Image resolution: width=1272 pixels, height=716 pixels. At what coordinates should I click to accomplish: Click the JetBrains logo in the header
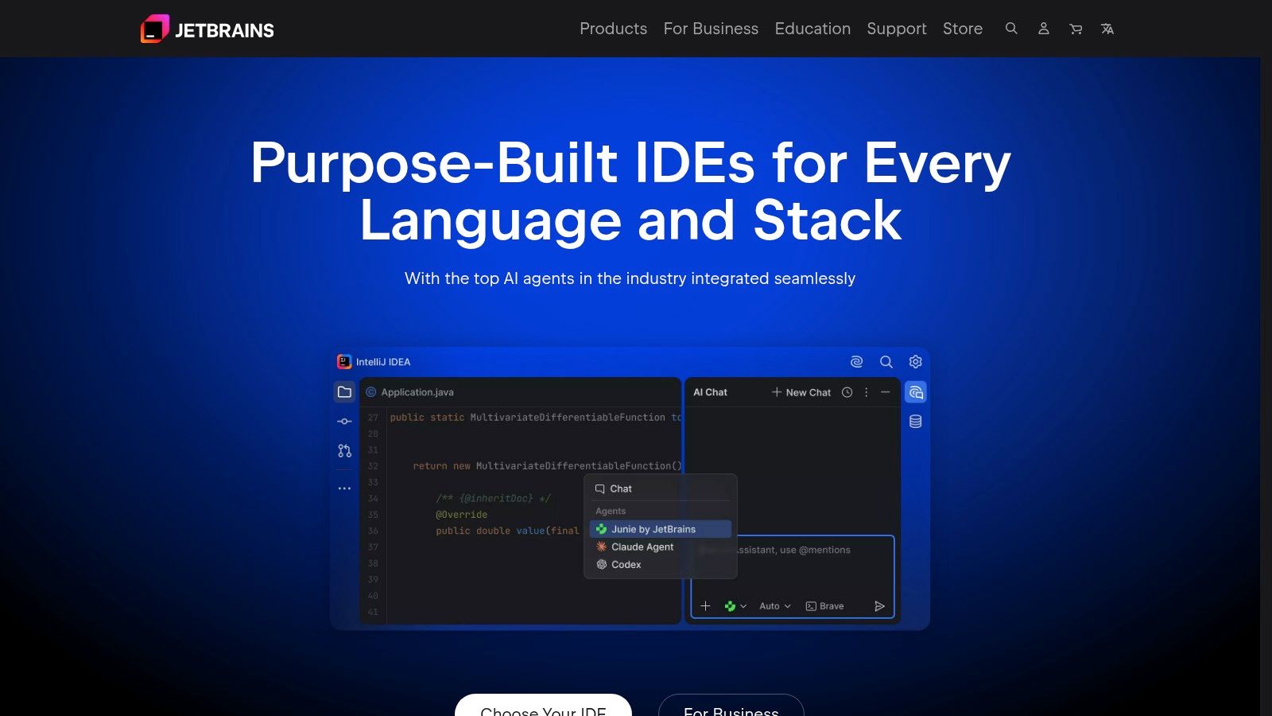207,29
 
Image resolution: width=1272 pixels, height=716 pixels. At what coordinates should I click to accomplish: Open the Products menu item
613,29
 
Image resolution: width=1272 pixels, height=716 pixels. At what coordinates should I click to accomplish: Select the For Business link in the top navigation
711,29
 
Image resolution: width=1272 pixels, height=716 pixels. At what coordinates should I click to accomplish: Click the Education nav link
812,29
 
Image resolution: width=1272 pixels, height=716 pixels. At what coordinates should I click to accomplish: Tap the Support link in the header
896,29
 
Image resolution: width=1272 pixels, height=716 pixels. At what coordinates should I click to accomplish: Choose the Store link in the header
962,29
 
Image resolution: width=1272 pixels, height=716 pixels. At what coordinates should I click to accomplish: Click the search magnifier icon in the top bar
1011,29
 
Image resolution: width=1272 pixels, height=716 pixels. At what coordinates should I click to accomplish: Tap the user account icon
1044,29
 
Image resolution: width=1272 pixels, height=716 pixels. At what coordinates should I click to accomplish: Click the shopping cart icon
1076,29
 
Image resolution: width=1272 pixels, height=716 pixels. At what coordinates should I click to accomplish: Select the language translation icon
1107,29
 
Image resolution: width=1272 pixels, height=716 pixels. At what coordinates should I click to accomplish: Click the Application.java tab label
417,392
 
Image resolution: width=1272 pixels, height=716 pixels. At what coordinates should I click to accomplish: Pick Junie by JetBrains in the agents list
653,529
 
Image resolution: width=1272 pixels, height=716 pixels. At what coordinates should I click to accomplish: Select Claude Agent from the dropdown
642,547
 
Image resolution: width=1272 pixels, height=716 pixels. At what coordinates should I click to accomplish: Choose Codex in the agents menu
626,564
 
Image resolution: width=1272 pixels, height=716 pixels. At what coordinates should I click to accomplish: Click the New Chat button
801,392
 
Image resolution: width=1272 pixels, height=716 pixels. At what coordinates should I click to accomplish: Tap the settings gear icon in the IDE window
916,362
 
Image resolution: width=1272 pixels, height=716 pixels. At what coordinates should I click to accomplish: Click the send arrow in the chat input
879,606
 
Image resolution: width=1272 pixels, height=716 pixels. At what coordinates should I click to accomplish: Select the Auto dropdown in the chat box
774,606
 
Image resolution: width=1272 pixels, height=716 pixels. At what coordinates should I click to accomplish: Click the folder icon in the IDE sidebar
344,392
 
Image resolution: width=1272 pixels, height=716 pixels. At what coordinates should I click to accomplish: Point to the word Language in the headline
491,220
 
